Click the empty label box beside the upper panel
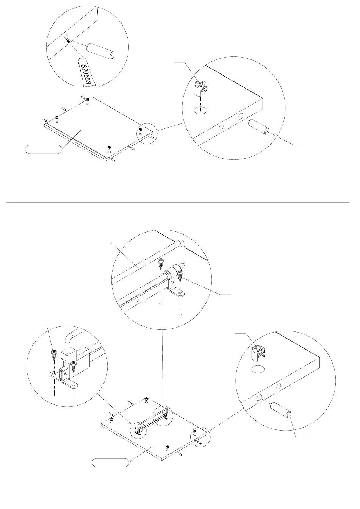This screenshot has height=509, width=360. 42,149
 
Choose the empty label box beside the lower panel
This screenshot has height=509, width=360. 111,462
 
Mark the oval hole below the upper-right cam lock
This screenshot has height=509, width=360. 201,111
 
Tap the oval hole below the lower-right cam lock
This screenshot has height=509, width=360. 258,369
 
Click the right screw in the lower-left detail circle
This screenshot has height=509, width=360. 74,366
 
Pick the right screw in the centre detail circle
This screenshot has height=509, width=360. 180,275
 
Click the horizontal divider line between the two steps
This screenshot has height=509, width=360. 178,202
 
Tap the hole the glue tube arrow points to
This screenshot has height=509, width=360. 66,38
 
